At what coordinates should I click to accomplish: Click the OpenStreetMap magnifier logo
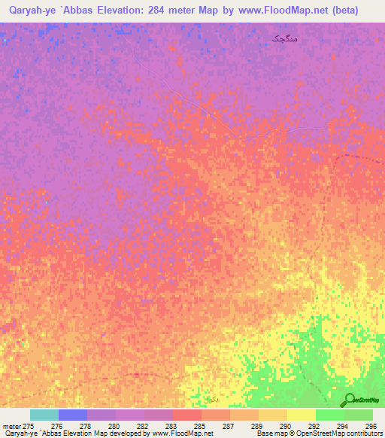pos(350,400)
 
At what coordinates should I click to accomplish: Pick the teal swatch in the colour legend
pos(44,415)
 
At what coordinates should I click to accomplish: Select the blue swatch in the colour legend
pos(72,415)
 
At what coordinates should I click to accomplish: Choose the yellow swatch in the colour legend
pos(301,415)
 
